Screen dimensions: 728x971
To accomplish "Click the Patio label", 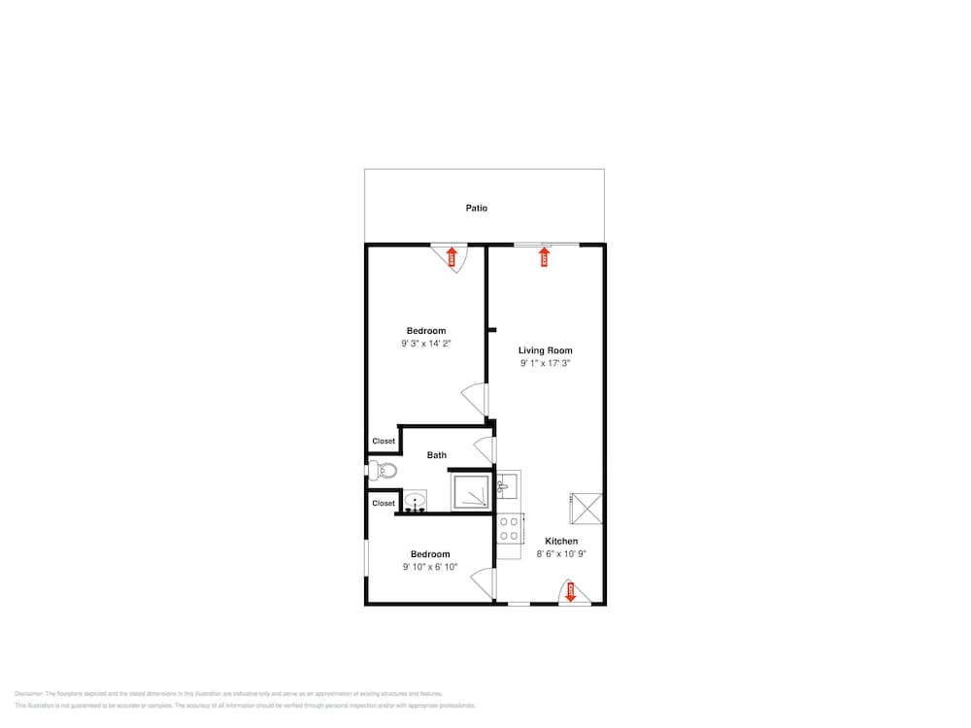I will pos(476,208).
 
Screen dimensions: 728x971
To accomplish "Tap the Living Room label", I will pos(545,350).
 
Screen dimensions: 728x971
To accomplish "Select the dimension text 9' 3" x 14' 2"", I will pos(426,343).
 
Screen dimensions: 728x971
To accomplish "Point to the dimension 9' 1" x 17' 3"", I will pos(545,363).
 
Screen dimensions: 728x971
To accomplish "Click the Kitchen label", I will pos(561,541).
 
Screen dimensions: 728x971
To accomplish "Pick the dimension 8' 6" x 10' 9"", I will pos(561,553).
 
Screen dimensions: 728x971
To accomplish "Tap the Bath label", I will pos(437,454).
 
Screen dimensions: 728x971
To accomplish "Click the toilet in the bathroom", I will pos(384,471).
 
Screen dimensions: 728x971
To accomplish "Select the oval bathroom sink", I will pos(416,503).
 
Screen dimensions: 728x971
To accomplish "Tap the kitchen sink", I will pos(509,482).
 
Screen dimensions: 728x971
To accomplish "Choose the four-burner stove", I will pos(509,529).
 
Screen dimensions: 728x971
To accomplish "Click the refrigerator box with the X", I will pos(586,508).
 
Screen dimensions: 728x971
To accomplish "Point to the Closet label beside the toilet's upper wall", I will pos(384,441).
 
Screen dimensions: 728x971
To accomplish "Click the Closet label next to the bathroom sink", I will pos(384,503).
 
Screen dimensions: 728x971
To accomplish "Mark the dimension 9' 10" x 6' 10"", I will pos(430,567).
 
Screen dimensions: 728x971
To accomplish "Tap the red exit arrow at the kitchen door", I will pos(571,591).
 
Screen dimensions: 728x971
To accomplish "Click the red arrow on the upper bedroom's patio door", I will pos(452,256).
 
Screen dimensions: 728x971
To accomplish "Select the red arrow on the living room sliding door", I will pos(544,256).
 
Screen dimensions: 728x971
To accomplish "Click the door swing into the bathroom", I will pos(485,449).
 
